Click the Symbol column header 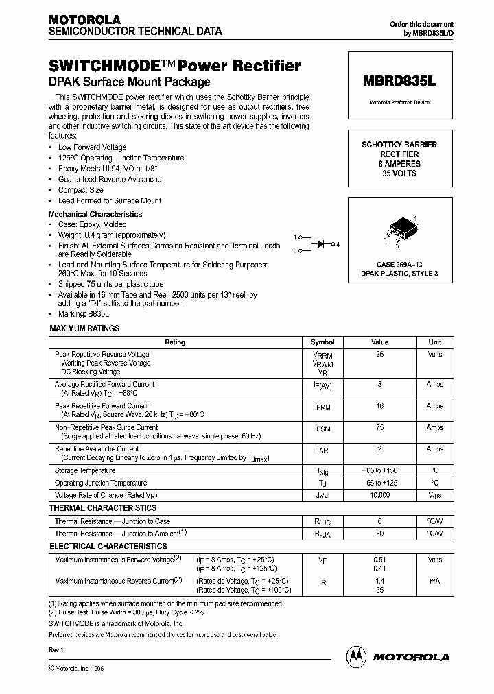(x=322, y=342)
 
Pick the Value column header (x=379, y=342)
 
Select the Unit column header (x=435, y=342)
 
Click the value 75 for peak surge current (x=379, y=427)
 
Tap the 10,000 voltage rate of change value (x=379, y=494)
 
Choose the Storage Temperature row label (x=85, y=471)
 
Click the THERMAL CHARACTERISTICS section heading (x=103, y=508)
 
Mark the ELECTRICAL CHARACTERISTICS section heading (x=108, y=547)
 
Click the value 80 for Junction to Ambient (x=379, y=532)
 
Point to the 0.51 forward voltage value (x=379, y=560)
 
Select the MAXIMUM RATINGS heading (x=84, y=328)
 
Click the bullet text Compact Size (x=81, y=190)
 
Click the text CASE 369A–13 (x=399, y=264)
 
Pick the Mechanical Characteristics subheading (x=95, y=214)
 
